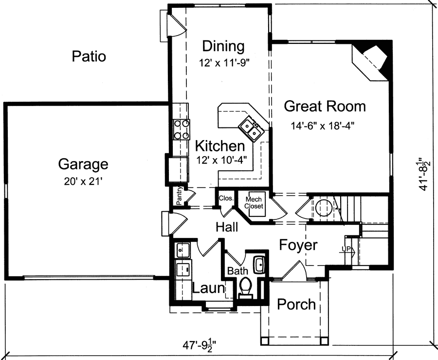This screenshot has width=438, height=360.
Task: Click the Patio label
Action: click(89, 56)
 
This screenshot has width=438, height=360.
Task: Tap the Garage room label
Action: click(83, 164)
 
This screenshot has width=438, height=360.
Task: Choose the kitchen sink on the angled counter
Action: click(251, 128)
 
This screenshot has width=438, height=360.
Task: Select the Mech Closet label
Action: click(254, 202)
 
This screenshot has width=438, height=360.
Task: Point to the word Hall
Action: click(227, 227)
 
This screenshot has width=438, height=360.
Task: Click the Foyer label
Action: click(298, 245)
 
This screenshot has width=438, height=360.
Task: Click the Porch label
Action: click(296, 305)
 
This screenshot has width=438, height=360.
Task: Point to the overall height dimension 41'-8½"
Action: click(426, 173)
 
